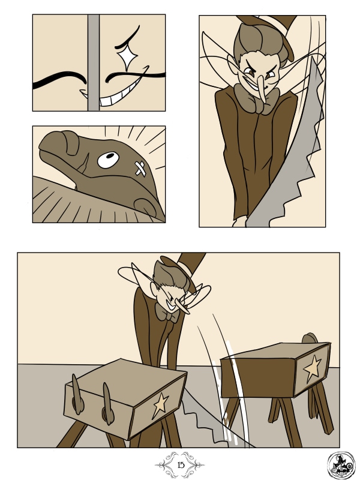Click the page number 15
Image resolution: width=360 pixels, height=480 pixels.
pos(181,465)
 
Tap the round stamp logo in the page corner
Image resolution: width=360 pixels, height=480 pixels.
pos(341,466)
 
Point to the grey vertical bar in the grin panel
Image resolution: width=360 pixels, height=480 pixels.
pos(94,62)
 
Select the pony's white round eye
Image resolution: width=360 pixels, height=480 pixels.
pos(109,160)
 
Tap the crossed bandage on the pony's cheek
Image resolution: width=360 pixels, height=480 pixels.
pos(140,169)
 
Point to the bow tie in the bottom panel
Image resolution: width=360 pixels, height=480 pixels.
pos(167,313)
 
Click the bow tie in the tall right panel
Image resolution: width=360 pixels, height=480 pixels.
pos(257,99)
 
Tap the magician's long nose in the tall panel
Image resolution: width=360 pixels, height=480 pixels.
pos(262,89)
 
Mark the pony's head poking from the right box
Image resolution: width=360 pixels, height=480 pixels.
pos(310,338)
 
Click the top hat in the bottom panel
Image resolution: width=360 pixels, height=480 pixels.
pos(184,269)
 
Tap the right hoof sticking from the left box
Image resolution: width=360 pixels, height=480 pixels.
pos(108,403)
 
